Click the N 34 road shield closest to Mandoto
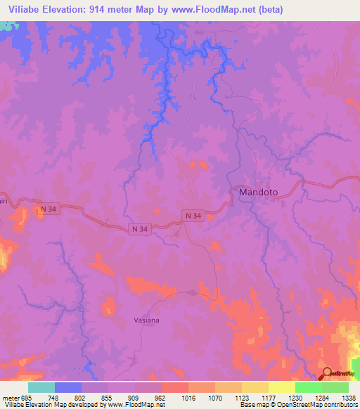(193, 215)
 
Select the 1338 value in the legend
(349, 398)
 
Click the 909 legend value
(134, 398)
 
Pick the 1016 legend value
(188, 398)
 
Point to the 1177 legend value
(268, 398)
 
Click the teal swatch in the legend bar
(41, 387)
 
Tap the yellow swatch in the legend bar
(282, 387)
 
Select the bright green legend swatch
(309, 387)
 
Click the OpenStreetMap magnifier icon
(326, 373)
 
